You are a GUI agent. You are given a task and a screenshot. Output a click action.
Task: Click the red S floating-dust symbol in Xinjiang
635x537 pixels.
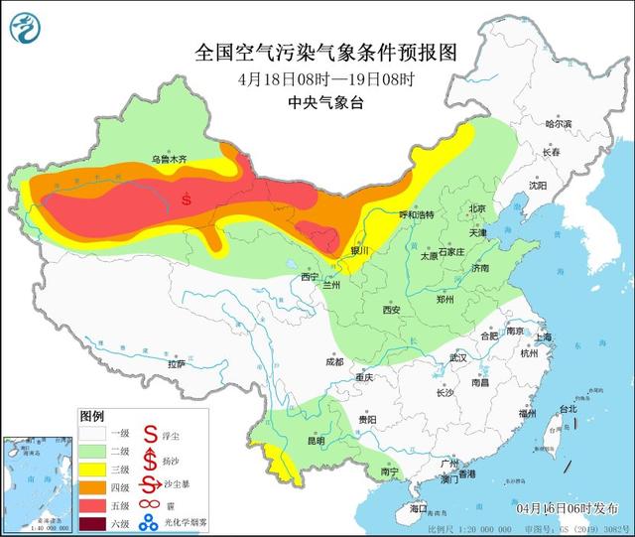[x=187, y=199]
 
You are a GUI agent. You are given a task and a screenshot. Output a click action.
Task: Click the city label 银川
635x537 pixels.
[x=359, y=252]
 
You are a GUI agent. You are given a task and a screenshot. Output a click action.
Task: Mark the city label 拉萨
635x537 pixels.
[x=176, y=364]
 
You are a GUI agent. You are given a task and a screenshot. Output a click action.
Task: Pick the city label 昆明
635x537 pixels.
[x=316, y=441]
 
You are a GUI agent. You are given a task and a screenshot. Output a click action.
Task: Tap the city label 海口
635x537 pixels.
[x=418, y=507]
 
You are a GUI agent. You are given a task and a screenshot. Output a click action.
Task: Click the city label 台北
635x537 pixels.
[x=568, y=409]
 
